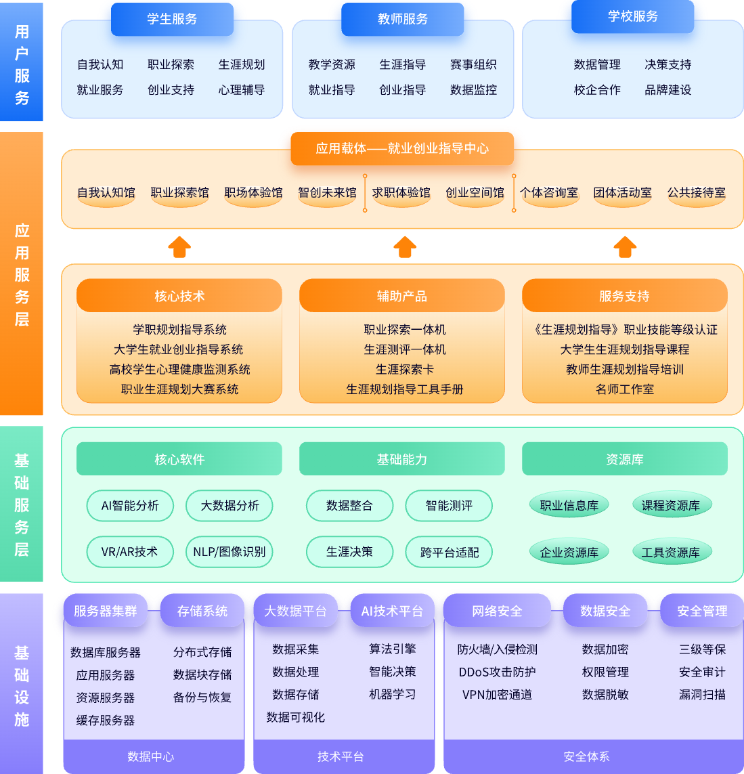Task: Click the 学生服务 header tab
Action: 172,19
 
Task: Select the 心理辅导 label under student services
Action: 242,89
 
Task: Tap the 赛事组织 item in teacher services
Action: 473,64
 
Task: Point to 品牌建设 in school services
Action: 668,89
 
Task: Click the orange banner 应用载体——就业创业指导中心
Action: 402,148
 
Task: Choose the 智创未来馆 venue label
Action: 327,193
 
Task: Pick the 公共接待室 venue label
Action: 696,193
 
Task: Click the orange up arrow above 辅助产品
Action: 405,247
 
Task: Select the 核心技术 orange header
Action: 179,296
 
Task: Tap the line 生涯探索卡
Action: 405,369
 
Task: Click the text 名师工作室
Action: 625,389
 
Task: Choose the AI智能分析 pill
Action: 130,506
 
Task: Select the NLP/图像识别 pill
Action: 229,552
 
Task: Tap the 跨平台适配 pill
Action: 449,553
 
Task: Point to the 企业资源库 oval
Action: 569,553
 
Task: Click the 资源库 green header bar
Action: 625,459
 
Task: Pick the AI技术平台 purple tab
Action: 392,611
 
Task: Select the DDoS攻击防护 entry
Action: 497,672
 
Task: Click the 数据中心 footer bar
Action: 151,756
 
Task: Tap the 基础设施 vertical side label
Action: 22,685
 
